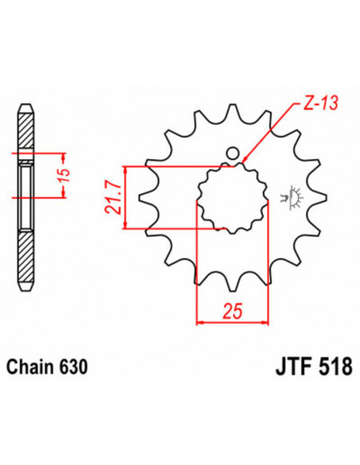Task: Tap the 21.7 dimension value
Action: [112, 198]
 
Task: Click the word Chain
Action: [32, 368]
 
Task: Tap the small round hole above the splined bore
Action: [233, 153]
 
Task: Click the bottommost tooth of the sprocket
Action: [233, 283]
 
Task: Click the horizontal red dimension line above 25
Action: [233, 321]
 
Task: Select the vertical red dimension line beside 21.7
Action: [125, 198]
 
